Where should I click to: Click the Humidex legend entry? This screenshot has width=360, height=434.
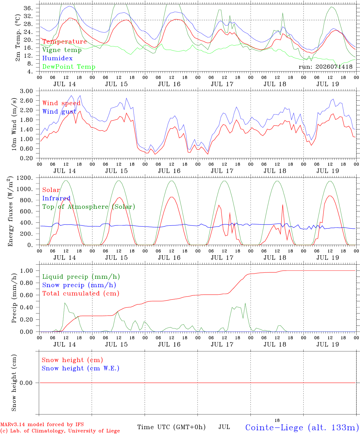point(57,58)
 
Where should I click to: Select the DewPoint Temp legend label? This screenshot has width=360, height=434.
point(69,67)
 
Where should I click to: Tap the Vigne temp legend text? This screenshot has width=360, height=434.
point(62,50)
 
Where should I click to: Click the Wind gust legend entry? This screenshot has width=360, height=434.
point(59,112)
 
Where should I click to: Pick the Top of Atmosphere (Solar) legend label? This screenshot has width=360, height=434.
point(89,207)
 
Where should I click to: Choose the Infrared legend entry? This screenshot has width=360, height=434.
point(56,198)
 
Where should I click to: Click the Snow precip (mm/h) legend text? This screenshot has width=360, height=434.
point(79,285)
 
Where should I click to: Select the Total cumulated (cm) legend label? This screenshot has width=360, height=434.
point(81,293)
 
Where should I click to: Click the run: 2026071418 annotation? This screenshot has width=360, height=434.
point(325,67)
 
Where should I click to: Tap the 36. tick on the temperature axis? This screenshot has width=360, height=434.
point(28,8)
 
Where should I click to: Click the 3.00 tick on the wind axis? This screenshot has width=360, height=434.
point(27,91)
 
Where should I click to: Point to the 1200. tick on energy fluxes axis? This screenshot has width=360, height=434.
point(25,178)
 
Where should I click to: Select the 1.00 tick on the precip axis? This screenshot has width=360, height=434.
point(27,271)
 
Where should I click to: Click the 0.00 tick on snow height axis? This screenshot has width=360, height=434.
point(26,383)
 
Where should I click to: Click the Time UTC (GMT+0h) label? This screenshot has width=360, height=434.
point(171,427)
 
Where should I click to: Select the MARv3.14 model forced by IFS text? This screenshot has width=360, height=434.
point(42,424)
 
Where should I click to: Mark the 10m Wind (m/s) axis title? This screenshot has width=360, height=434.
point(14,124)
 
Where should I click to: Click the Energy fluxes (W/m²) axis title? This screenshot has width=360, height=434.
point(10,211)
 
